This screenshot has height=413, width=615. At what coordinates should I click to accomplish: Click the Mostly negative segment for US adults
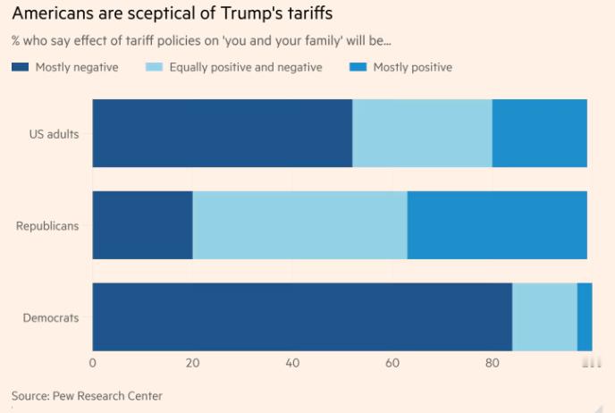(222, 133)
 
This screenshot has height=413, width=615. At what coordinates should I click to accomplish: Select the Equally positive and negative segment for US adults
(422, 133)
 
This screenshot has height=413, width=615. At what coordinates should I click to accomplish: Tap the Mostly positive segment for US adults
(539, 133)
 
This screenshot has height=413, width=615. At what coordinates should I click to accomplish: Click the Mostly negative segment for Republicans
(142, 225)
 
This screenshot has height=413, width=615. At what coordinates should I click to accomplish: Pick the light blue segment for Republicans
(299, 225)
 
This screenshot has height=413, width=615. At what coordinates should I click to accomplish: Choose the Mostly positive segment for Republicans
(497, 225)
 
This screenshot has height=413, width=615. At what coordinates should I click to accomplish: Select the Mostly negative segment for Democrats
(302, 317)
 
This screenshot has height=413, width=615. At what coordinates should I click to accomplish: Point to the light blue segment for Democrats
(544, 317)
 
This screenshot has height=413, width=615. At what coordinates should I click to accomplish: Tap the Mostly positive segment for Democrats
(585, 317)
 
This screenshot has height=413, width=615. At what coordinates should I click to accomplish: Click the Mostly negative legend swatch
(20, 68)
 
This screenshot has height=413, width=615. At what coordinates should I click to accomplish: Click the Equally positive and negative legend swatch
(154, 68)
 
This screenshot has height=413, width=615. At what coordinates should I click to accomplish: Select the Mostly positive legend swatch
(357, 68)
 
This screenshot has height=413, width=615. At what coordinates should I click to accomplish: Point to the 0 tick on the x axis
(93, 362)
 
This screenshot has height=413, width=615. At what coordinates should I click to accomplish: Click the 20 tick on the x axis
(192, 362)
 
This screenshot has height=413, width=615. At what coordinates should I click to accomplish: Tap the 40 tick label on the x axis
(292, 362)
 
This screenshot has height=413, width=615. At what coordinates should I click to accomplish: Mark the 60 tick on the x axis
(392, 362)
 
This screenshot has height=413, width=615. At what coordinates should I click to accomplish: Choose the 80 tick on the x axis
(492, 362)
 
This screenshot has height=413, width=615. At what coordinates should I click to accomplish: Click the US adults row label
(54, 134)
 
